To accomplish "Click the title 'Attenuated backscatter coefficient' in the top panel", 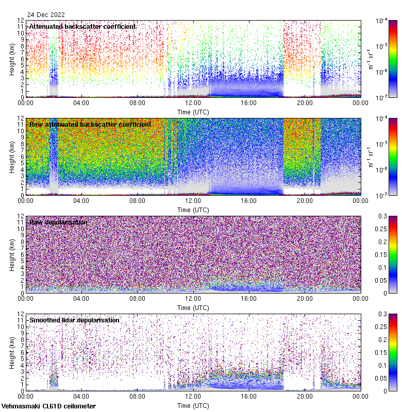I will (82, 26).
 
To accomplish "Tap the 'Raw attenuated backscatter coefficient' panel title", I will (90, 124).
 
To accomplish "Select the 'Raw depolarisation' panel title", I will (58, 222).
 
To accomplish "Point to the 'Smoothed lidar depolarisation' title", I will (74, 320).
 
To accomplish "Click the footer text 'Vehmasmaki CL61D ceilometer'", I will (48, 406).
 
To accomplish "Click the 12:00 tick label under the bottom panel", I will (193, 398).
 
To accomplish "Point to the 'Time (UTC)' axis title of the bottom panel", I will (193, 406).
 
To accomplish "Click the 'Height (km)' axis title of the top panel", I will (12, 58).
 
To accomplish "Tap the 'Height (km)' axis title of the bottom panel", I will (12, 352).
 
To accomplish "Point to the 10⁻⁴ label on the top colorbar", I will (383, 21).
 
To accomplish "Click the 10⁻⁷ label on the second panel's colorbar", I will (383, 195).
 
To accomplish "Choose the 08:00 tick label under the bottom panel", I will (137, 398).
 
